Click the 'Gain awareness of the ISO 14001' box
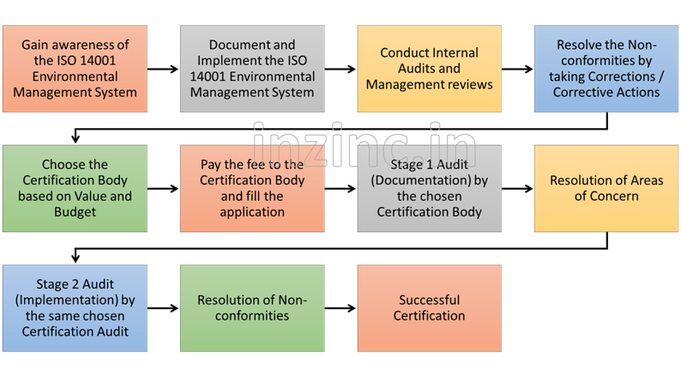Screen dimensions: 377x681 click(75, 69)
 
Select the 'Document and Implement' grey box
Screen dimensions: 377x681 click(252, 69)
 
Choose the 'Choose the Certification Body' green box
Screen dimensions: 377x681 click(75, 188)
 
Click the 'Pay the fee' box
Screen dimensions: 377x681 click(252, 188)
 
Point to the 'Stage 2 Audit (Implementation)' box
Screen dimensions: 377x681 click(75, 307)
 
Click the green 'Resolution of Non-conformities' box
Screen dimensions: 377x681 click(252, 307)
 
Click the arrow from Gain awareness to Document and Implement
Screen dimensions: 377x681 click(164, 69)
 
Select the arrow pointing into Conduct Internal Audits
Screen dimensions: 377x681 click(340, 69)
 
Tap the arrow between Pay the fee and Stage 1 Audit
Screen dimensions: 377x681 click(340, 188)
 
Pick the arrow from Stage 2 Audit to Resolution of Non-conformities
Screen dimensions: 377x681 click(164, 307)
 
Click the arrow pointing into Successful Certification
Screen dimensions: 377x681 click(340, 307)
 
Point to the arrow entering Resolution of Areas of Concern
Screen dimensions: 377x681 click(518, 188)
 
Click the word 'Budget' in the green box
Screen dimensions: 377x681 click(75, 211)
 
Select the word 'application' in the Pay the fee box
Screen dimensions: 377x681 click(252, 211)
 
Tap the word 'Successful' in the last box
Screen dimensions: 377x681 click(429, 300)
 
